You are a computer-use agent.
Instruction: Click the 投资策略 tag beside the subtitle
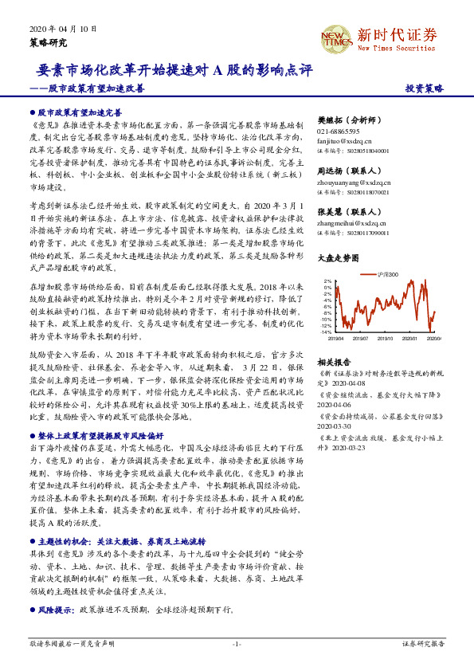(425, 88)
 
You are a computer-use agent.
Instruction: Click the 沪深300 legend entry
(386, 275)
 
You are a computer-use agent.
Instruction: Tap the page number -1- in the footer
(237, 642)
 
